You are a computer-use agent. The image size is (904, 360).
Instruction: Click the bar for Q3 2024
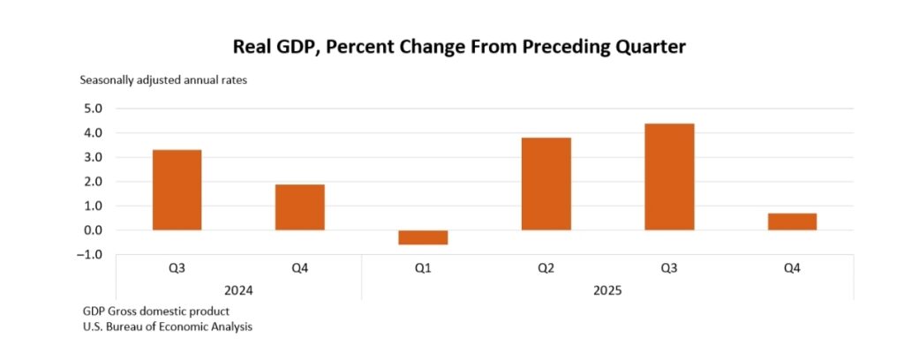pyautogui.click(x=177, y=190)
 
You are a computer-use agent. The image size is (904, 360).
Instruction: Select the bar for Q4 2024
pyautogui.click(x=300, y=207)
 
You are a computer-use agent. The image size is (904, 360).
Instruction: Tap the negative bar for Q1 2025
pyautogui.click(x=423, y=237)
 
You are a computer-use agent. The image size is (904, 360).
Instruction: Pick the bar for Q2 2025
pyautogui.click(x=546, y=184)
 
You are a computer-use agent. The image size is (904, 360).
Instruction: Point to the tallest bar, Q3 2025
pyautogui.click(x=669, y=176)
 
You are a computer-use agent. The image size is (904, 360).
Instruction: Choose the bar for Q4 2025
pyautogui.click(x=792, y=221)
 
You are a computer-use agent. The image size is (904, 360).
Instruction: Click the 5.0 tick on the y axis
pyautogui.click(x=92, y=109)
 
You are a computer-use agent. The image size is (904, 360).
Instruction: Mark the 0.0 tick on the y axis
pyautogui.click(x=92, y=230)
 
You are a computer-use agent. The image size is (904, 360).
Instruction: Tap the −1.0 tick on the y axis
pyautogui.click(x=90, y=255)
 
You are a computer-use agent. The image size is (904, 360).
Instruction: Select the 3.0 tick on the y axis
pyautogui.click(x=92, y=157)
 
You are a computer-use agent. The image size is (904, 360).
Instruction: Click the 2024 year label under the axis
pyautogui.click(x=238, y=289)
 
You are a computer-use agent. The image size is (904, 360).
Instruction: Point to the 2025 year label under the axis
pyautogui.click(x=607, y=289)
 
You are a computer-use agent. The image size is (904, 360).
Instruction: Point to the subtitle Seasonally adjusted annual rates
pyautogui.click(x=163, y=80)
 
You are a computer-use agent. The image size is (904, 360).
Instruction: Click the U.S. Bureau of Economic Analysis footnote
pyautogui.click(x=168, y=327)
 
